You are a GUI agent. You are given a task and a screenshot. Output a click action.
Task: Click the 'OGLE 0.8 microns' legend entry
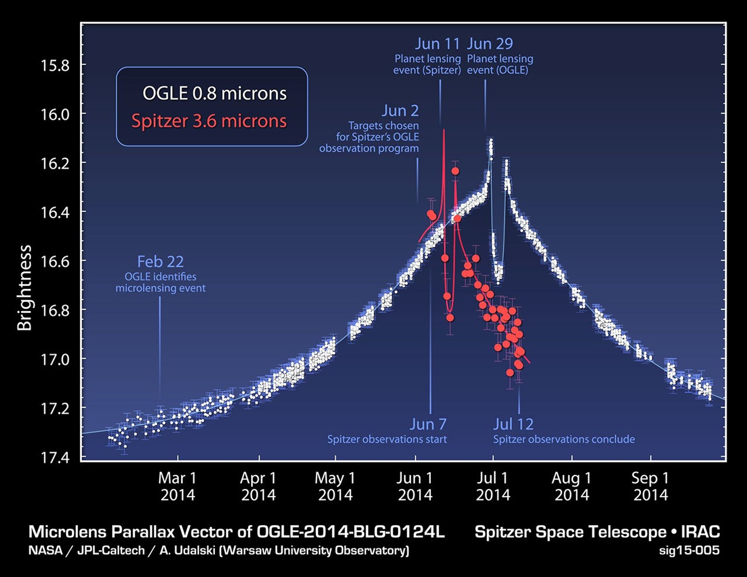coord(214,93)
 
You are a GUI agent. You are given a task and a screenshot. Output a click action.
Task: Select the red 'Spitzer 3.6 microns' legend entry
coord(209,121)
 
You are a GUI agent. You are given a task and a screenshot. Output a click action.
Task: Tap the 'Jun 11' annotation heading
coord(438,44)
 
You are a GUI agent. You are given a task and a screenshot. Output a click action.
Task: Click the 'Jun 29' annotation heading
coord(490,44)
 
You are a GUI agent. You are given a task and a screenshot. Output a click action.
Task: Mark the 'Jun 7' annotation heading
coord(428,424)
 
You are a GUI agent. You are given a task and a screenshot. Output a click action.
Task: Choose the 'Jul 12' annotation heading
coord(513,424)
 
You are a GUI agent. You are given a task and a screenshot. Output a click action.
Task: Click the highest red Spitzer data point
coord(455,171)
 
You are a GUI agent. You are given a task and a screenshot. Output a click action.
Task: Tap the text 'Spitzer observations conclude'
coord(564,439)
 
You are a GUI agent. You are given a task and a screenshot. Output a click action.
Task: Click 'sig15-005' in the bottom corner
coord(689,550)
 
